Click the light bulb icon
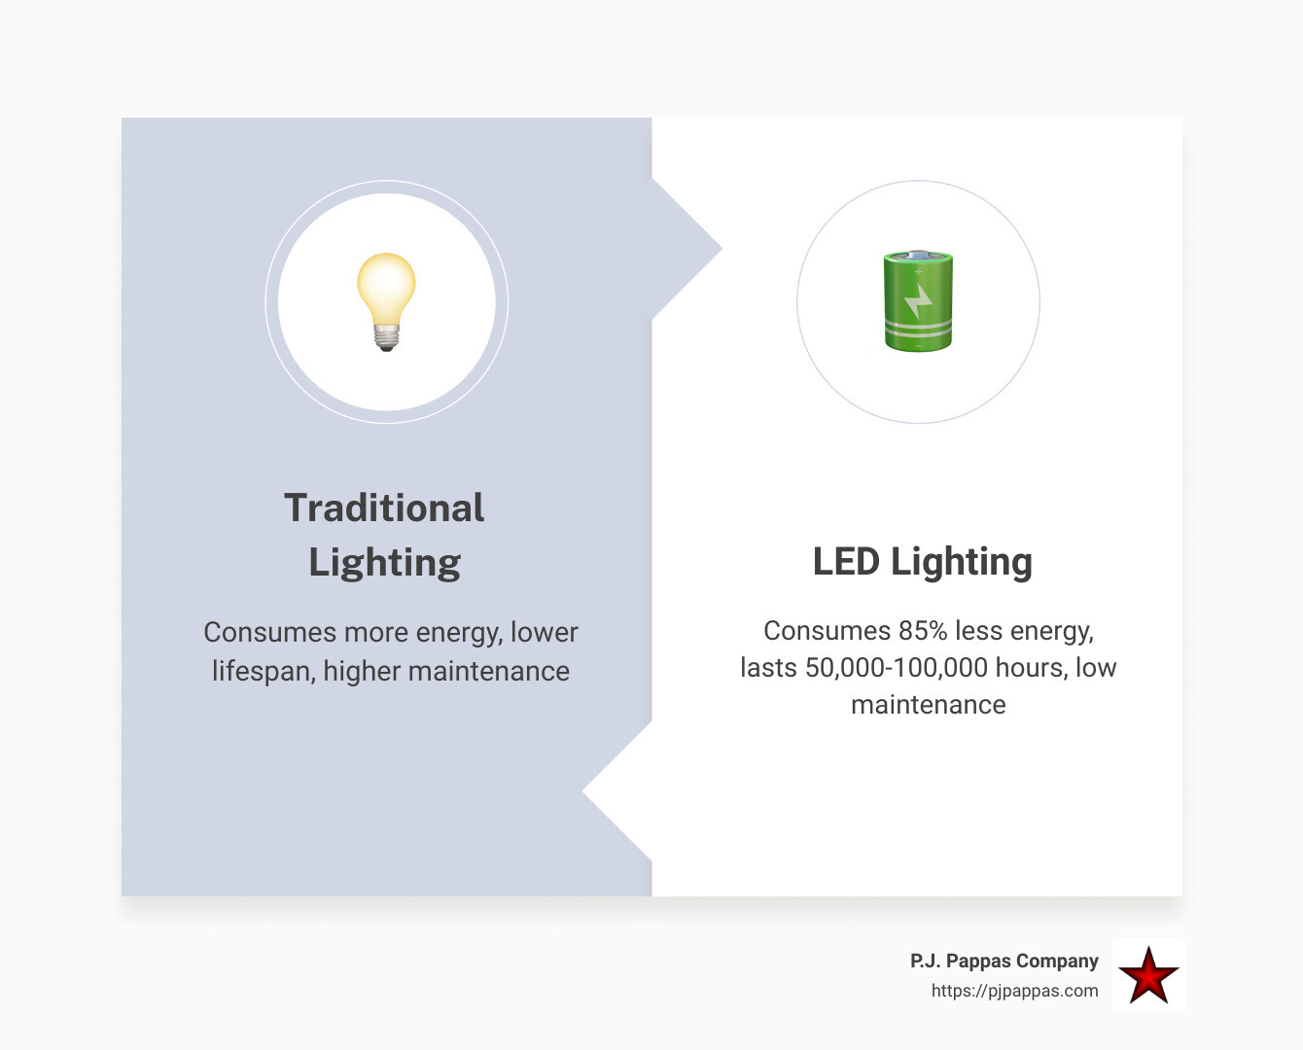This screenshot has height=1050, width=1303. point(386,300)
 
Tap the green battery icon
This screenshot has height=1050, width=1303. point(918,300)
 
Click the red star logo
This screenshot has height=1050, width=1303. point(1148,975)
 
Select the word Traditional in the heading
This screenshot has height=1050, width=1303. point(384,507)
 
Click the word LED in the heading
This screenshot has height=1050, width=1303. point(846,562)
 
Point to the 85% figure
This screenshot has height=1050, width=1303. point(923,631)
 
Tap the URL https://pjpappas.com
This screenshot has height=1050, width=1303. point(1014,991)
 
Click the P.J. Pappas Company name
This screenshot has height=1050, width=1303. point(1004,961)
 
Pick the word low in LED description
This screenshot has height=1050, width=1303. point(1096,668)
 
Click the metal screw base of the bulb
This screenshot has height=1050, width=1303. point(387,337)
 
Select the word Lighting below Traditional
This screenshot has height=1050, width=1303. point(384,563)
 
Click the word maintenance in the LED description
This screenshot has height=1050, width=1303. point(928,705)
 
